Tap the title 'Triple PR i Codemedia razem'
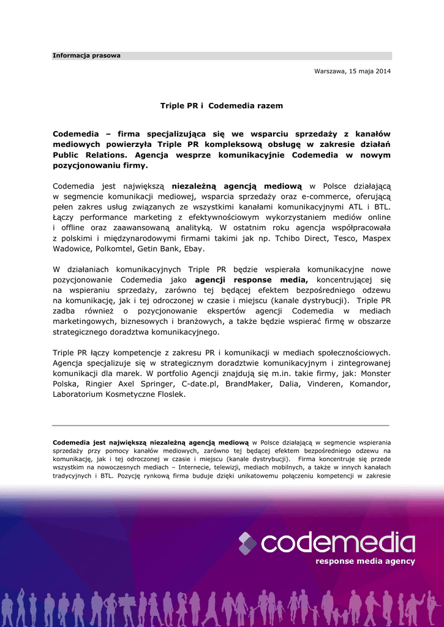(222, 106)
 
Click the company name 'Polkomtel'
(116, 249)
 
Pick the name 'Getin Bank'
(160, 249)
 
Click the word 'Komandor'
(370, 384)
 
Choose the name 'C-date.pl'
(195, 384)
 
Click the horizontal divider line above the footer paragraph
(220, 425)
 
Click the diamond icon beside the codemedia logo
(247, 543)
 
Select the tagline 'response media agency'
(365, 561)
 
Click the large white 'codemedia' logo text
(337, 543)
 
